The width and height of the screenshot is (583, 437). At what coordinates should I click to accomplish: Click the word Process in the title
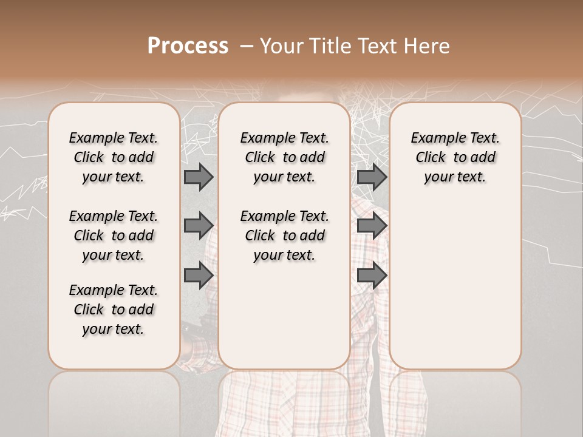pyautogui.click(x=188, y=46)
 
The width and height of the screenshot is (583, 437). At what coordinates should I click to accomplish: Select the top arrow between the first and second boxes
pyautogui.click(x=199, y=177)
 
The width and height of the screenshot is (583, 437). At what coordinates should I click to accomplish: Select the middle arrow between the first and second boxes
pyautogui.click(x=199, y=226)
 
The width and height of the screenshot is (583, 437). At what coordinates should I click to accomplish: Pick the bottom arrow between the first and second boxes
pyautogui.click(x=199, y=275)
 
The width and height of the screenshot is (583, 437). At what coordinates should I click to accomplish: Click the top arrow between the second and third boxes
pyautogui.click(x=372, y=177)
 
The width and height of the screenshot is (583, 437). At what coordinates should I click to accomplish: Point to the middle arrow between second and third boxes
pyautogui.click(x=372, y=226)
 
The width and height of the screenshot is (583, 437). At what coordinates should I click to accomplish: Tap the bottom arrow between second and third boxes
pyautogui.click(x=372, y=275)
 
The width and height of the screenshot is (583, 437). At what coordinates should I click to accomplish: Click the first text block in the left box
pyautogui.click(x=114, y=157)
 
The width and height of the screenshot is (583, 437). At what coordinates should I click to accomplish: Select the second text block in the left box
pyautogui.click(x=114, y=235)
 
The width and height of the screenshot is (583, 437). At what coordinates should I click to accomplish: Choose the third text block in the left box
pyautogui.click(x=114, y=310)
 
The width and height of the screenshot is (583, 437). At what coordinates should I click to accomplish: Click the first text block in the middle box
pyautogui.click(x=285, y=157)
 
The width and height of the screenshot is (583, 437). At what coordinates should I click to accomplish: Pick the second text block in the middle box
pyautogui.click(x=285, y=235)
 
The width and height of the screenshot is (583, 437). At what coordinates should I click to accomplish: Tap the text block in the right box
pyautogui.click(x=455, y=157)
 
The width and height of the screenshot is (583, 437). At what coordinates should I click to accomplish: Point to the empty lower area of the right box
pyautogui.click(x=455, y=285)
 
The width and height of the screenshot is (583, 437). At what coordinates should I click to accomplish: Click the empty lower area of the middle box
pyautogui.click(x=284, y=316)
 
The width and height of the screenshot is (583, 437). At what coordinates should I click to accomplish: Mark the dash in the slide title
pyautogui.click(x=246, y=46)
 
